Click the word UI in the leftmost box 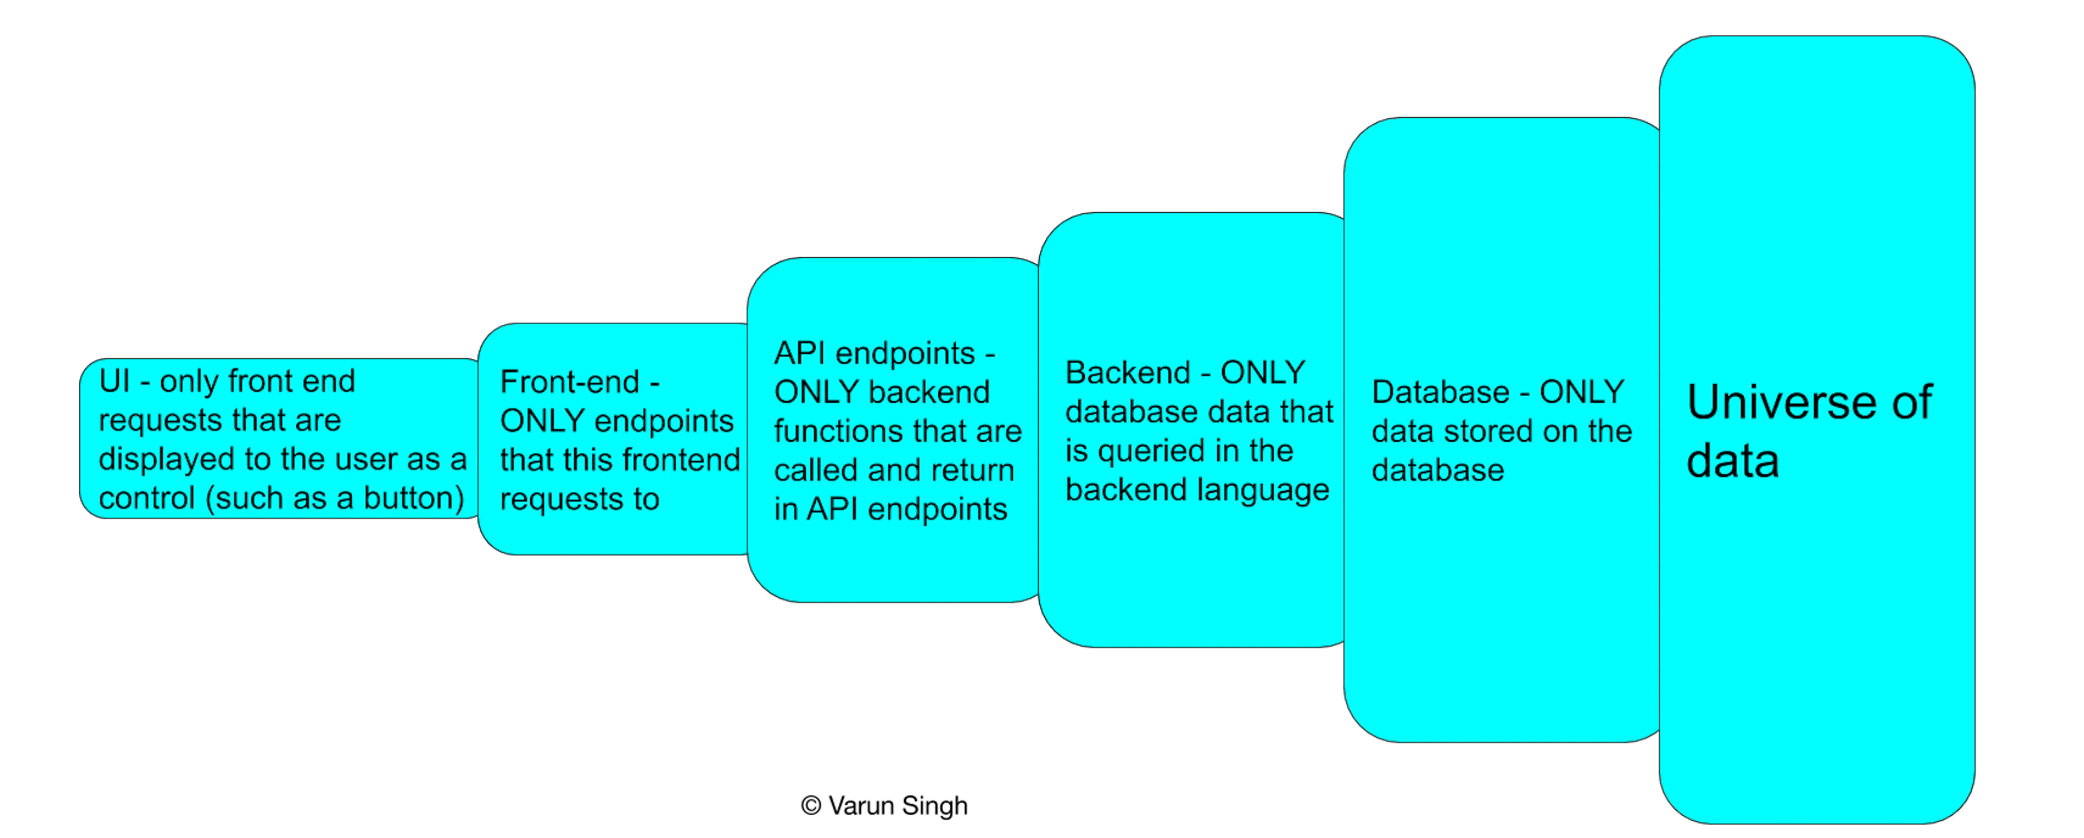click(114, 381)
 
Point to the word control click(147, 498)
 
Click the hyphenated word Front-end click(569, 382)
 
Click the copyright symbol click(811, 805)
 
